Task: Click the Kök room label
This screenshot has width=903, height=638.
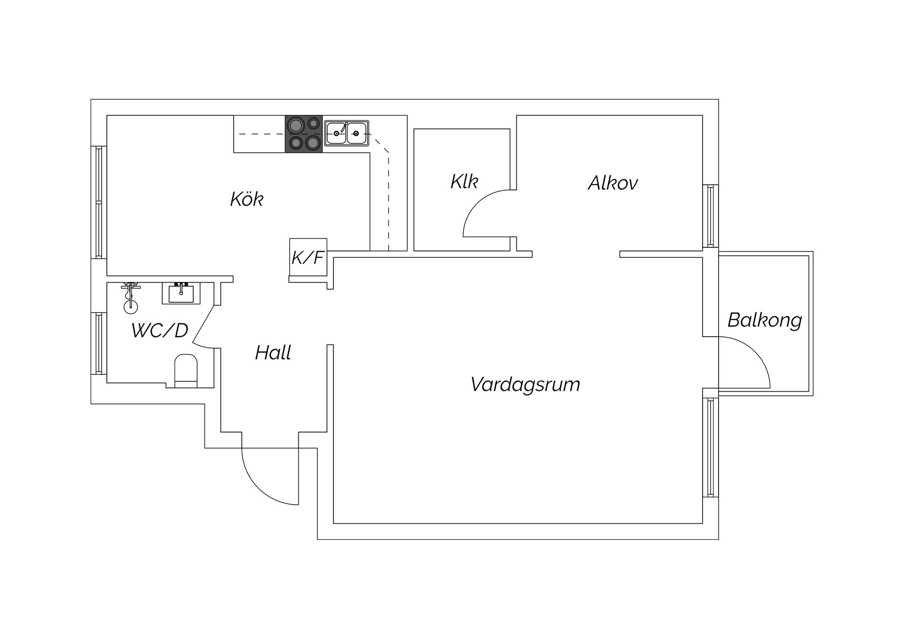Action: (x=246, y=199)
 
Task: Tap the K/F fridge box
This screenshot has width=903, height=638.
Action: (x=308, y=257)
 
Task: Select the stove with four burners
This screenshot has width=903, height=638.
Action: (x=304, y=134)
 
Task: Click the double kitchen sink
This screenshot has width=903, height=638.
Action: (x=346, y=134)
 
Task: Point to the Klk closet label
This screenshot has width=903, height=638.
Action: (x=464, y=181)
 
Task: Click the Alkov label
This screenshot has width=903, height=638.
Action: (x=612, y=183)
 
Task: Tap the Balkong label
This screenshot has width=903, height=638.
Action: (x=764, y=320)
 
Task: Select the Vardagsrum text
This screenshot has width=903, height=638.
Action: (x=525, y=384)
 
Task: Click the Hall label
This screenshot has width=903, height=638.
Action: (x=273, y=353)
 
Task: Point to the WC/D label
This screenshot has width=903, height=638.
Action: (x=160, y=331)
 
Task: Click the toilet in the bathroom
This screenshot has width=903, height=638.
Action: (x=186, y=371)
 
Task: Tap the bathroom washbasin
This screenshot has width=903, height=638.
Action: (x=181, y=293)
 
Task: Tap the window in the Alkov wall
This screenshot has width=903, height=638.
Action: (x=710, y=216)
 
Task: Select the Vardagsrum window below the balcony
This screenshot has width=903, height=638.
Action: (x=710, y=447)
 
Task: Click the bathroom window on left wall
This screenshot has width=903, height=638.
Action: (x=99, y=343)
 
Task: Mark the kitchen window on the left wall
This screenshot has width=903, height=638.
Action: (x=99, y=202)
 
